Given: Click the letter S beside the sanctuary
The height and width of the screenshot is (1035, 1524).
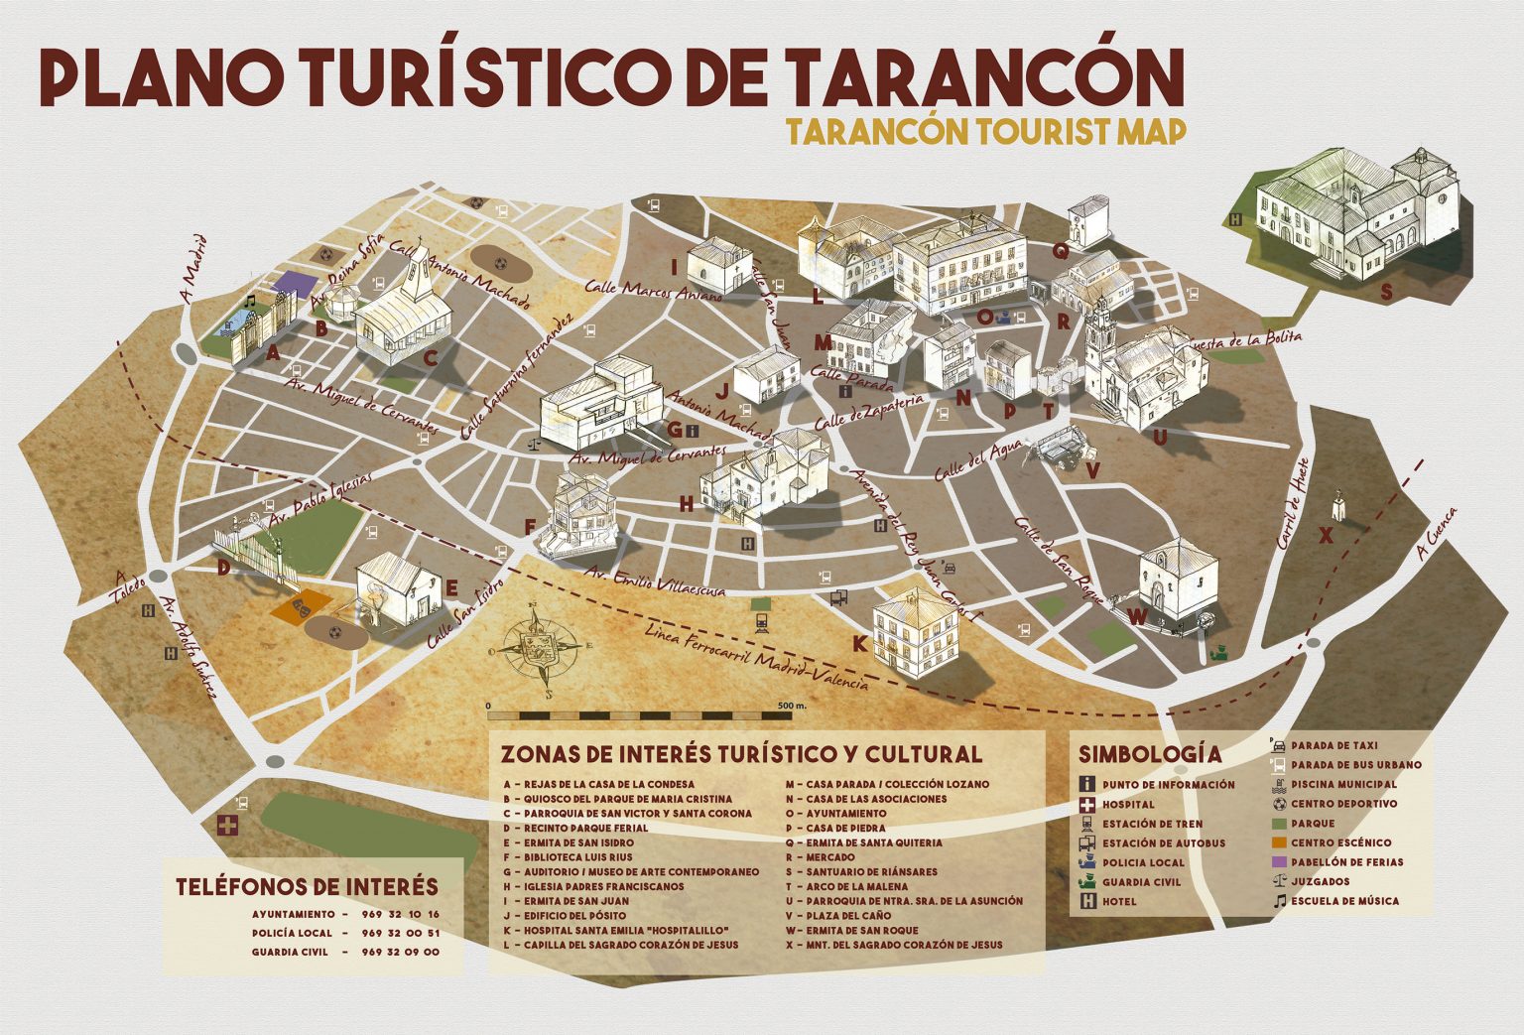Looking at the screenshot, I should point(1385,292).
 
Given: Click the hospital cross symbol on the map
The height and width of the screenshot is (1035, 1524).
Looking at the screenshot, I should point(227,825).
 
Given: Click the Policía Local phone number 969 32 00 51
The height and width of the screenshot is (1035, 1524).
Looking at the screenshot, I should point(401,933).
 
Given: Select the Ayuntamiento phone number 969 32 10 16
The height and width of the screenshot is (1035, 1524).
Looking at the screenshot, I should point(401,914).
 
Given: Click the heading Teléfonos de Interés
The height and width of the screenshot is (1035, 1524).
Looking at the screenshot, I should point(307,886).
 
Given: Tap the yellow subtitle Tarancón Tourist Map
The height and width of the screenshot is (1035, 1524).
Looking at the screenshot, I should point(984,131).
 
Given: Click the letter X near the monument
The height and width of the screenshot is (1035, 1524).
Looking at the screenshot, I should point(1325,536).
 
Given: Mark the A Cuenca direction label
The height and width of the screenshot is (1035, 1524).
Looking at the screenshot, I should point(1438,533).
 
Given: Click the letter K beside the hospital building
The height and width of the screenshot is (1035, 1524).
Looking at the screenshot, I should point(860,644).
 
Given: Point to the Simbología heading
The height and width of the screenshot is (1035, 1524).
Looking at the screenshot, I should point(1149,754).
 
